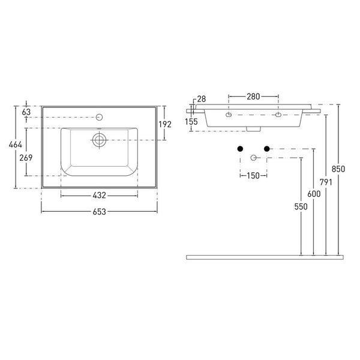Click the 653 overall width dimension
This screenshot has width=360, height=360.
pos(100,212)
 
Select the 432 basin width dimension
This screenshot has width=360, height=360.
pos(100,196)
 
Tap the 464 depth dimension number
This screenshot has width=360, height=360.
pos(16,145)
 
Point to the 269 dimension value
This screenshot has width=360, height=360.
pos(26,158)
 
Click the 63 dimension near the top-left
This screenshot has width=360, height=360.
pos(26,112)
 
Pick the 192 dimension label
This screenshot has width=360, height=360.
pos(165,124)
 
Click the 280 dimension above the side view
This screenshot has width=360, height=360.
pos(253,97)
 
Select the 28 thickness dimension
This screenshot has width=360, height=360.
pos(202,99)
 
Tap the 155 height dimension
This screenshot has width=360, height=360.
pos(191,122)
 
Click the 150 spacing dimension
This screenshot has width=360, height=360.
pos(253,176)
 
